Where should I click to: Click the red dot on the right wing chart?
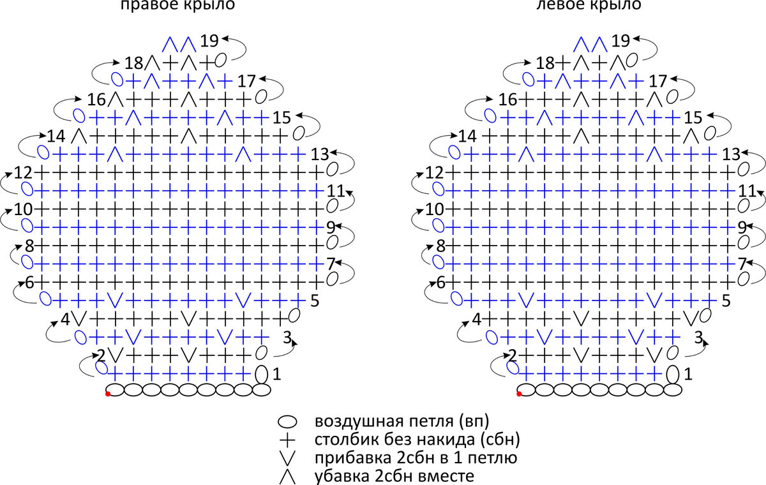(x=108, y=394)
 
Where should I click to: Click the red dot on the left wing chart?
(x=519, y=394)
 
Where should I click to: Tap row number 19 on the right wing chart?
(x=209, y=41)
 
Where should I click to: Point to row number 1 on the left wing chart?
(x=687, y=375)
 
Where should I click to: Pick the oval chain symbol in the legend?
(x=288, y=422)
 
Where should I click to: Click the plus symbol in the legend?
(x=288, y=440)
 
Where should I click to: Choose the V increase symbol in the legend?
(x=288, y=458)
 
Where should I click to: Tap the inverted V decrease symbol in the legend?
(x=288, y=476)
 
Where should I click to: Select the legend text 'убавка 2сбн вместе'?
(x=394, y=476)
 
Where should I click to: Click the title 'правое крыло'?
(x=177, y=6)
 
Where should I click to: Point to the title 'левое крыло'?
(x=589, y=6)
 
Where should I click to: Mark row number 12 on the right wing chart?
(x=23, y=173)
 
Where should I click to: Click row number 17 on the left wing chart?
(x=658, y=81)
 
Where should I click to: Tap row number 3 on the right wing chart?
(x=287, y=336)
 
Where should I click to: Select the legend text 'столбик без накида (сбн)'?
(x=418, y=440)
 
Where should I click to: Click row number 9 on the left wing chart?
(x=742, y=226)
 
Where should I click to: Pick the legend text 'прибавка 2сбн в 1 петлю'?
(x=416, y=458)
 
